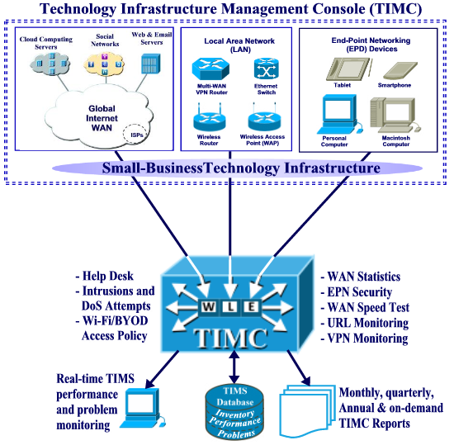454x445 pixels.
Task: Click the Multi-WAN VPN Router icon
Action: (210, 69)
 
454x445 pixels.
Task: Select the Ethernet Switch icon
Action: (266, 69)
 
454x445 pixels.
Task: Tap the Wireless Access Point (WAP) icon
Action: (264, 118)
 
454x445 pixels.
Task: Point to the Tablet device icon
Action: (348, 69)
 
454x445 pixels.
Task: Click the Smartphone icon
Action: (400, 71)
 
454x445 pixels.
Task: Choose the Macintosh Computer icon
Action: (395, 116)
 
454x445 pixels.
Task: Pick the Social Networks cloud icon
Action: (105, 64)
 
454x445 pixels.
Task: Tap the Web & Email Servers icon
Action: (151, 64)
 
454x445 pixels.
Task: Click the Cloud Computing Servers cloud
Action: (50, 63)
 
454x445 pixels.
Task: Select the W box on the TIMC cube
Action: (209, 307)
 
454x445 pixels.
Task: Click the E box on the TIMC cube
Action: (252, 307)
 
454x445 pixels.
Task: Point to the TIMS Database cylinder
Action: (234, 413)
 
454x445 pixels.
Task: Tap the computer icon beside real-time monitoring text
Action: (144, 408)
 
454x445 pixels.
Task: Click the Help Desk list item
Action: (105, 276)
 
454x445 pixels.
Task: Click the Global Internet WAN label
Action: (102, 118)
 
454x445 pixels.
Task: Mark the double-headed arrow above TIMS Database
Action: (234, 367)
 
